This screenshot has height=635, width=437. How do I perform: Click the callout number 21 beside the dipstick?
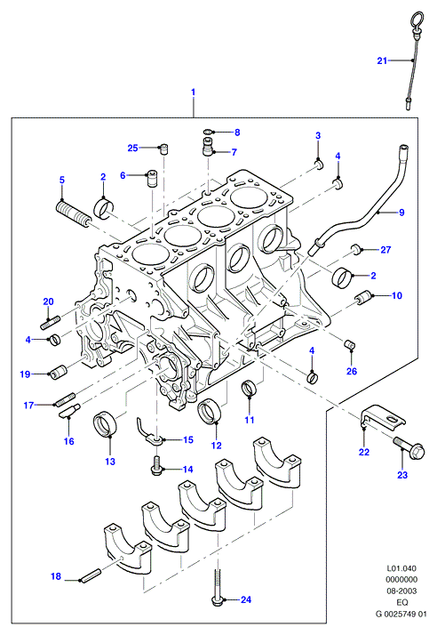coord(382,60)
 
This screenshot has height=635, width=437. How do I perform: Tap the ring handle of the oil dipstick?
coord(417,19)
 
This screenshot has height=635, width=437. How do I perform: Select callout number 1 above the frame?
coord(194,92)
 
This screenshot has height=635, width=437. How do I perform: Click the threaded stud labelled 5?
coord(73,213)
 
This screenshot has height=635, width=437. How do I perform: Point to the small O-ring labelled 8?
coord(208,132)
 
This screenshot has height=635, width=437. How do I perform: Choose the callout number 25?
coord(132,149)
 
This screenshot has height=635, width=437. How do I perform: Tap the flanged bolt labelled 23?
coord(409,448)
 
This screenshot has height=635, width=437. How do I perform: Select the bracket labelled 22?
coord(382,418)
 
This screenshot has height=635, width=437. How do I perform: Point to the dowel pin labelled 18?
coord(90,576)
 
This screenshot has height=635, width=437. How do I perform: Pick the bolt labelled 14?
coord(155,463)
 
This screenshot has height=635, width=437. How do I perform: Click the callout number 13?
coord(110,462)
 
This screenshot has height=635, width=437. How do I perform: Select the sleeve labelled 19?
coord(59,371)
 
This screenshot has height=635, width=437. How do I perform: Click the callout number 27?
coord(385,250)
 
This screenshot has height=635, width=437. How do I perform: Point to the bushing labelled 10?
coord(363,297)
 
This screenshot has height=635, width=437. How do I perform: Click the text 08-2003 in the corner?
coord(401,591)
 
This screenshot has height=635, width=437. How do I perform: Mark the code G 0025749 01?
coord(401,614)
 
